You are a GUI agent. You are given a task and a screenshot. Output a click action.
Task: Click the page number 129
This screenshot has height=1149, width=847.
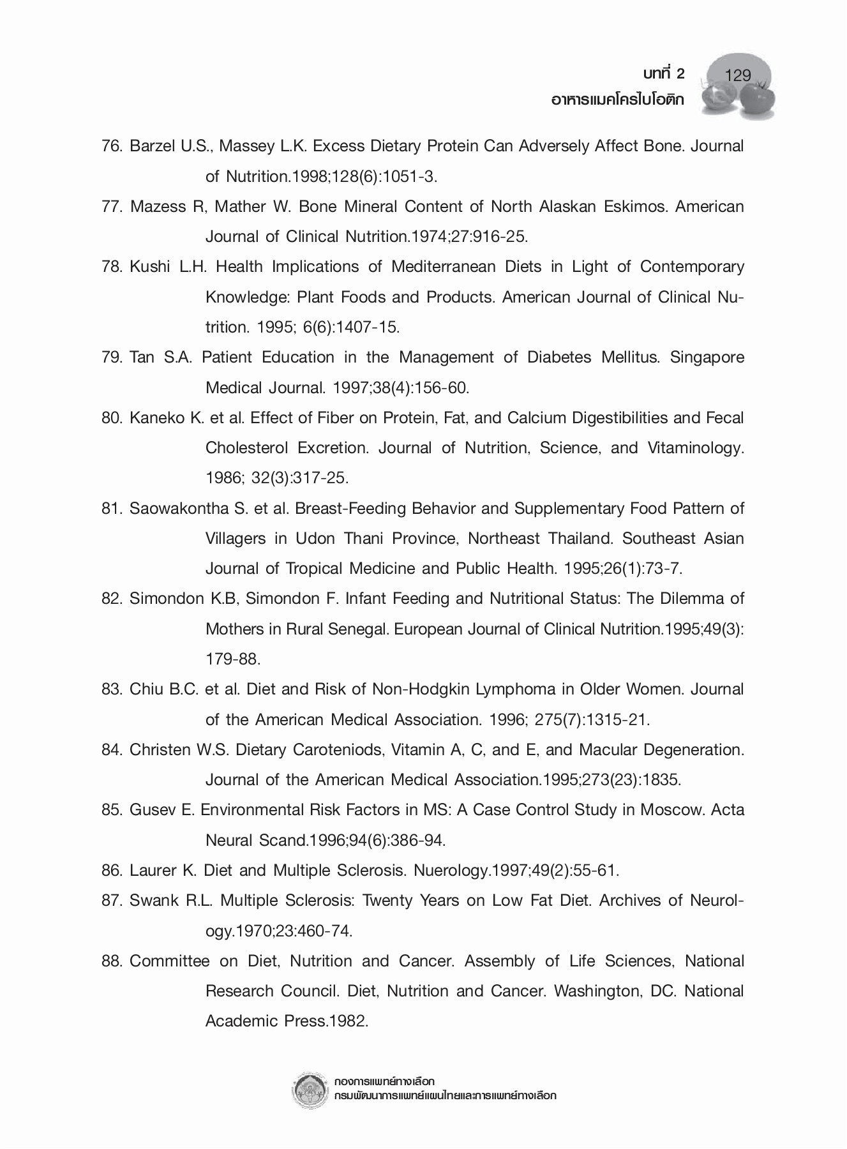(738, 76)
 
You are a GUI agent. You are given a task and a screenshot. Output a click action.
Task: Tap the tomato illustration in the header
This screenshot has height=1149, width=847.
(755, 98)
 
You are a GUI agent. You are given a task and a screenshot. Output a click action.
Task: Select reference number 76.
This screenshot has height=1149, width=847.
(112, 146)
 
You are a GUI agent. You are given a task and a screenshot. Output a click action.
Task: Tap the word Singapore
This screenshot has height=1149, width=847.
(707, 357)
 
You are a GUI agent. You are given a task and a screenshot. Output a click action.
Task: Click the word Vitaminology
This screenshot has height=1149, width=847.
(695, 448)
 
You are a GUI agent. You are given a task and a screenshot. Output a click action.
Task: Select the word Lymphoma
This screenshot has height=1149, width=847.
(510, 689)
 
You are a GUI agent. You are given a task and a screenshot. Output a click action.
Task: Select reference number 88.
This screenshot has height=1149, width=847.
(112, 961)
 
